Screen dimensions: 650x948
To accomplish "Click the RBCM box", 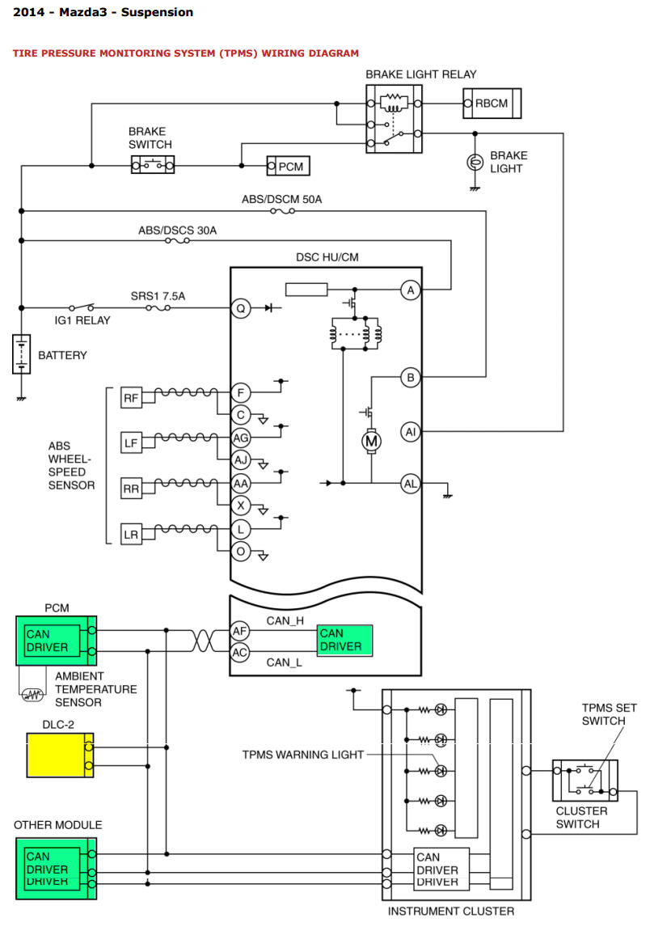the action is [x=492, y=104].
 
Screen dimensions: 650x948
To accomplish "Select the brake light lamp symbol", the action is [x=475, y=162].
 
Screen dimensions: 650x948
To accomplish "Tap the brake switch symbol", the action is [x=153, y=164].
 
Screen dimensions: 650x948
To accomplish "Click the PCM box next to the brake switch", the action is [x=288, y=167].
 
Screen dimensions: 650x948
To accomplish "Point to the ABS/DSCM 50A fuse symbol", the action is [x=283, y=211].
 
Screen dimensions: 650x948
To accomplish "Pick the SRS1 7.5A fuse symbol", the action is [x=158, y=307].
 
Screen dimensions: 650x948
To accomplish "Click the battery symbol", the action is [x=21, y=354].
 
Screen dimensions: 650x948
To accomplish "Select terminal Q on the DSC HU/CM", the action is [x=240, y=308].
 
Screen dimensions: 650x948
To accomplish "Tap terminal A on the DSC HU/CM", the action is [x=411, y=290].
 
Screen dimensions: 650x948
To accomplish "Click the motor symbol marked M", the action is [x=372, y=442].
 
